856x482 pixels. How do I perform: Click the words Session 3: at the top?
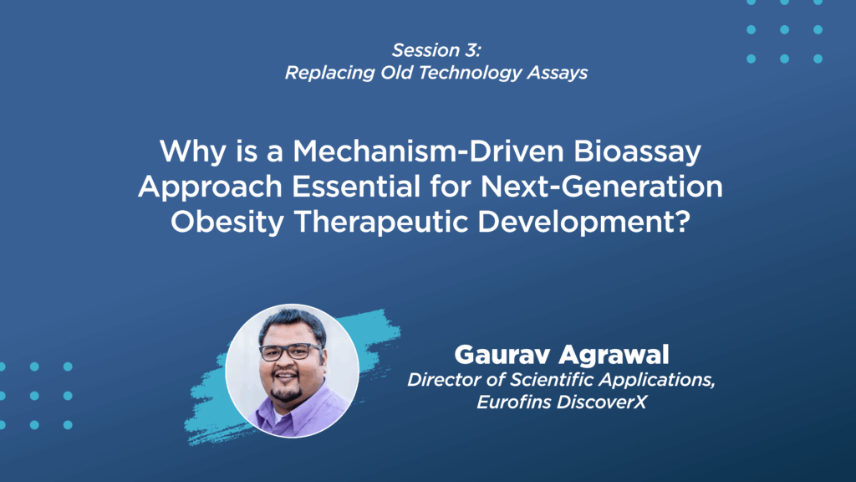(x=436, y=50)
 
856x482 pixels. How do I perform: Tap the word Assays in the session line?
(x=558, y=73)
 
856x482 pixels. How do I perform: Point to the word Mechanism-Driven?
(x=429, y=151)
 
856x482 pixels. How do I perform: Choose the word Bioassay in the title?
(x=637, y=152)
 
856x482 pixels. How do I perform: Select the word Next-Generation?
(x=602, y=187)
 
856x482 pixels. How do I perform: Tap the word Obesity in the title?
(x=227, y=223)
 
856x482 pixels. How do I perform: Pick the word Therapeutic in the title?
(x=381, y=223)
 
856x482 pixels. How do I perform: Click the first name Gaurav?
(x=502, y=355)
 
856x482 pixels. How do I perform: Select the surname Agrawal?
(x=614, y=355)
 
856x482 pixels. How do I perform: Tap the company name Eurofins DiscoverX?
(x=562, y=403)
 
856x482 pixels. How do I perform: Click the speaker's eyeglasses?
(x=292, y=352)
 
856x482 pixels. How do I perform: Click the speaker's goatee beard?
(x=286, y=392)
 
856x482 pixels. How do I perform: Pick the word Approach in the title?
(x=210, y=187)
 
